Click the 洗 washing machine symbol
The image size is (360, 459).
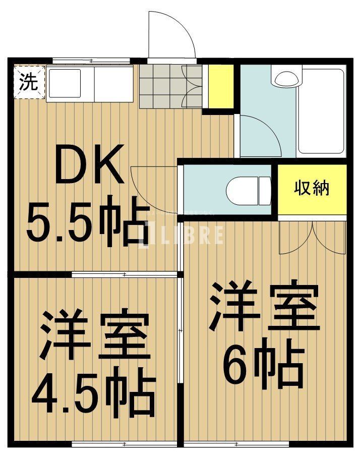28,82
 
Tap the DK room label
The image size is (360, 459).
89,164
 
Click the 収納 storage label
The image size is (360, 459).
312,188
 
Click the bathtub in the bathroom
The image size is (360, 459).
321,111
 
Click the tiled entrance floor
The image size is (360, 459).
161,86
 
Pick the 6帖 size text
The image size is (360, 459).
263,365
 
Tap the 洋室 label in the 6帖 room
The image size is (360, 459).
265,307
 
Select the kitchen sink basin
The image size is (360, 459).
65,83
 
